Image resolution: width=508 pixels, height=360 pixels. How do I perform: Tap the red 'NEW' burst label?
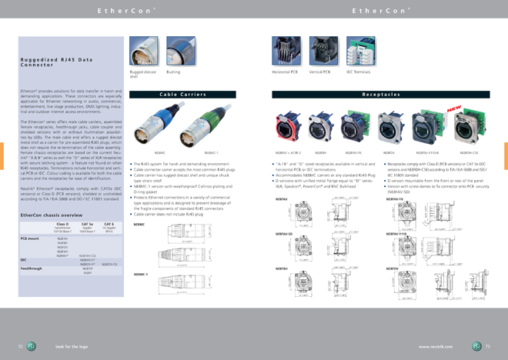(x=455, y=111)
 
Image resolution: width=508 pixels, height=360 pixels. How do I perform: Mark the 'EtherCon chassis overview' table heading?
(x=52, y=215)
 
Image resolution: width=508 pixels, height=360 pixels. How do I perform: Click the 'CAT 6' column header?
(x=109, y=223)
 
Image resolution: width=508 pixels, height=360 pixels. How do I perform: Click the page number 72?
(x=20, y=347)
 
